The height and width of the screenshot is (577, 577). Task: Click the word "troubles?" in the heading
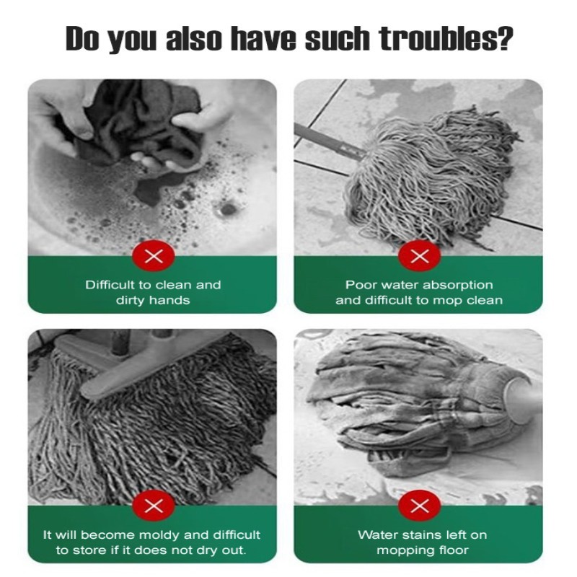[446, 38]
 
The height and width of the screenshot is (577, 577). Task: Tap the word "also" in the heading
[193, 38]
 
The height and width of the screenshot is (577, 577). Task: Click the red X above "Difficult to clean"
[154, 256]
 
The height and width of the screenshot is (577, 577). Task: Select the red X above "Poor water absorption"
[420, 256]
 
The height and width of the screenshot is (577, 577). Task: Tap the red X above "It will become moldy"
[154, 506]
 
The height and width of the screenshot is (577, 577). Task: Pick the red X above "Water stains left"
[420, 506]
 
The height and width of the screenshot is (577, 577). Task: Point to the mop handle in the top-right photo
[327, 141]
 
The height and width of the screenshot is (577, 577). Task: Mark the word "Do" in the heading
[82, 38]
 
